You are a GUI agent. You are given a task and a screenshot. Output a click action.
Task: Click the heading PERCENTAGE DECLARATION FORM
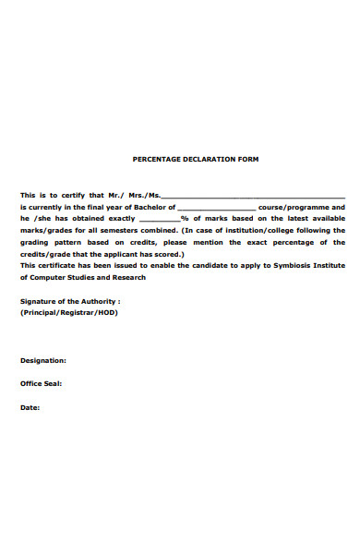[196, 159]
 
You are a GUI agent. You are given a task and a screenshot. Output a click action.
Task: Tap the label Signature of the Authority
[70, 301]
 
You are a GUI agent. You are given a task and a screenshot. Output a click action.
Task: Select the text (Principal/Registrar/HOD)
[69, 312]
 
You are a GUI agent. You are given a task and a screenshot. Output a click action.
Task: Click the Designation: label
[42, 360]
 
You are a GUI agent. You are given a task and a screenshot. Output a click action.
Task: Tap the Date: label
[30, 407]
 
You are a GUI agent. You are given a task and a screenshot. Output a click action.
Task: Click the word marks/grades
[45, 231]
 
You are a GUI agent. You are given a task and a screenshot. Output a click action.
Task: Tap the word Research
[129, 276]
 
